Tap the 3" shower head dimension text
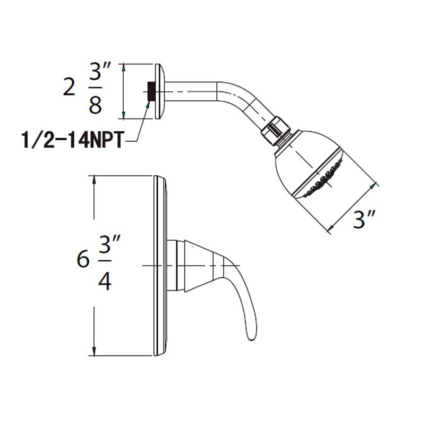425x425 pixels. (x=364, y=219)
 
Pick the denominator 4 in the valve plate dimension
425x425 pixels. (x=105, y=281)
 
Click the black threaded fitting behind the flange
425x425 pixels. (x=151, y=91)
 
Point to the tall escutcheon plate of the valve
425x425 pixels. (x=161, y=266)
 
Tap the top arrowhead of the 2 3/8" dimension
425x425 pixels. (x=123, y=67)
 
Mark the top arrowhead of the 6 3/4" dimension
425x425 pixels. (x=94, y=179)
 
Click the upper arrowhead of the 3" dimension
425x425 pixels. (x=376, y=185)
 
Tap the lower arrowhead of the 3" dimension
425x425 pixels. (x=330, y=228)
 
